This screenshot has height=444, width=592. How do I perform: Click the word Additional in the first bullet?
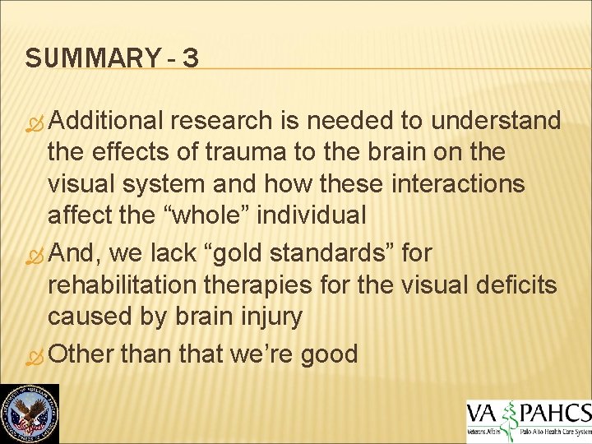click(107, 121)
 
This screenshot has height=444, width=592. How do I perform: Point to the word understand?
click(496, 121)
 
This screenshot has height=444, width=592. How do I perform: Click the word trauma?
click(233, 152)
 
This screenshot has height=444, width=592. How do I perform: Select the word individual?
click(317, 215)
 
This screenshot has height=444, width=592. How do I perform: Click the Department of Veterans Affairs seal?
click(29, 414)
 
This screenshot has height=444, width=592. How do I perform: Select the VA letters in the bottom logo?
click(483, 411)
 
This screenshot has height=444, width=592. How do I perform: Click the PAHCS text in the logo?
click(557, 411)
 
